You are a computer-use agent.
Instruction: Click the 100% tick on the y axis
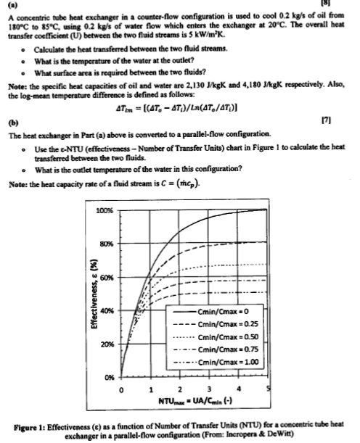[x=105, y=210]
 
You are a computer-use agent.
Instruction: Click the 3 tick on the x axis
[x=208, y=388]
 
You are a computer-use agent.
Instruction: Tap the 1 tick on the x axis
[x=149, y=388]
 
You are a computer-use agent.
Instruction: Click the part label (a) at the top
[x=14, y=6]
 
